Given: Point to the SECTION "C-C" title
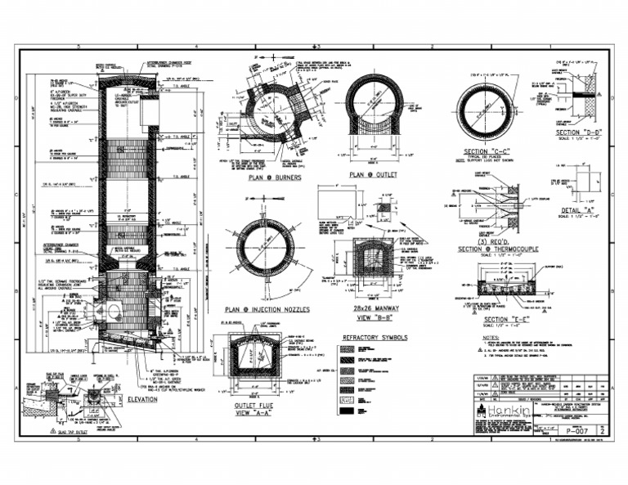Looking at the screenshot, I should coord(487,152).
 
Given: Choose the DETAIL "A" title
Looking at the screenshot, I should coord(579,209).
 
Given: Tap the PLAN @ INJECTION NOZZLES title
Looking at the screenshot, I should coord(266,310).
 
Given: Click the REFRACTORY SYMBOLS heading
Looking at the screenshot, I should coord(375,336).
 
